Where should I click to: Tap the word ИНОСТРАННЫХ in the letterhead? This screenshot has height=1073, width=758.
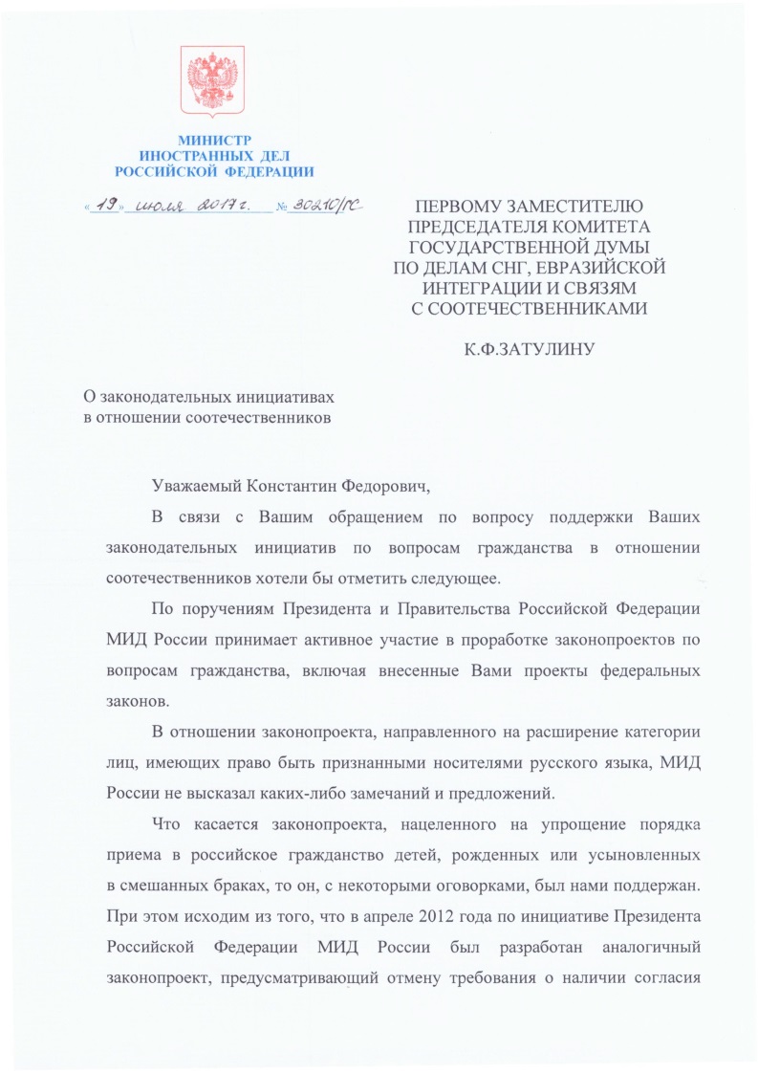coord(191,156)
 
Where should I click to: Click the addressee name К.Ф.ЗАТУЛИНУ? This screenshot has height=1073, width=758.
coord(530,350)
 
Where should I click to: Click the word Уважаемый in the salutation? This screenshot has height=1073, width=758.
coord(196,487)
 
